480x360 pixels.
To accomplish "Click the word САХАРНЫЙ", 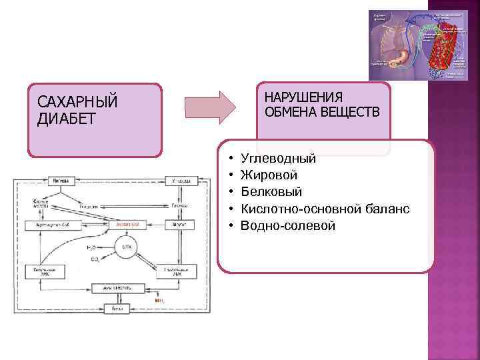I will [78, 103].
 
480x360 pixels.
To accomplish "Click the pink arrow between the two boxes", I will [209, 106].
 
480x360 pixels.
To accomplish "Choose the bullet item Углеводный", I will [278, 159].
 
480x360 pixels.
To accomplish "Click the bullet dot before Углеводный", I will [229, 159].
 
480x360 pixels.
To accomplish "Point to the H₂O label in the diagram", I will [92, 248].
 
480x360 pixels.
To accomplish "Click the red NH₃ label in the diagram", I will [159, 301].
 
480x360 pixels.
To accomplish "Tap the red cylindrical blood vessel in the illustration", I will [437, 50].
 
